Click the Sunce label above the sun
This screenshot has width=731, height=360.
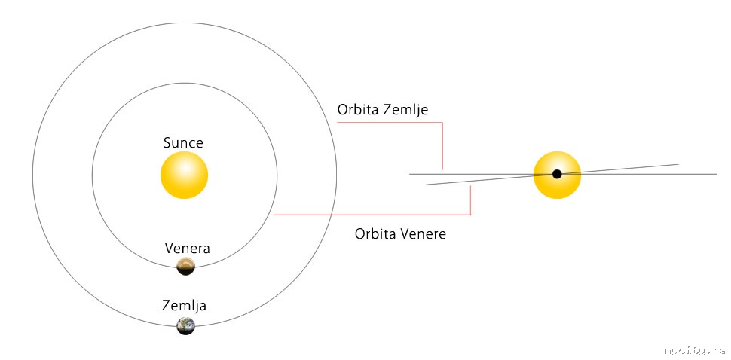click(183, 143)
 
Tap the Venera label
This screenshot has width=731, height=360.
click(188, 248)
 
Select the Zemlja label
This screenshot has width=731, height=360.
click(184, 306)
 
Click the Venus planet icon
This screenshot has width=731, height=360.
click(186, 266)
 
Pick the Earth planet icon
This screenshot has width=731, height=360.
click(185, 325)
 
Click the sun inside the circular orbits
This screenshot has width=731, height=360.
click(184, 175)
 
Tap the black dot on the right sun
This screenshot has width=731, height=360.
click(557, 174)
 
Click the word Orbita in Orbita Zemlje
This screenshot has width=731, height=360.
click(360, 110)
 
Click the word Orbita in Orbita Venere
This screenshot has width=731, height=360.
click(378, 234)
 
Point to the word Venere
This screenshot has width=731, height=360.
click(425, 234)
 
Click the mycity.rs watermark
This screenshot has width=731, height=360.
click(694, 350)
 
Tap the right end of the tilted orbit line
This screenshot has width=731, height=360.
click(678, 164)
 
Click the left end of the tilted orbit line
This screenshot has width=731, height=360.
click(427, 185)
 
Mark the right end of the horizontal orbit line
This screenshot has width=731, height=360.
click(717, 174)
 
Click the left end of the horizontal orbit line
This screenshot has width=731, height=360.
click(409, 174)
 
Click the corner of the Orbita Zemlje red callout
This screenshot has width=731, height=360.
click(442, 123)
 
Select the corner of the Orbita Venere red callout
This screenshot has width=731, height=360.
click(470, 215)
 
